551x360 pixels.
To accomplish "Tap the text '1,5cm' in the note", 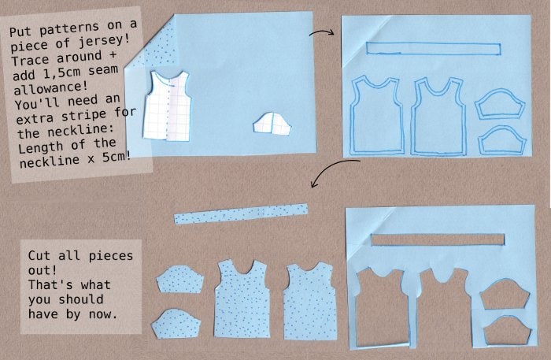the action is [x=63, y=72].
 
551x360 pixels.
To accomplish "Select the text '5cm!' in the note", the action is [x=116, y=156].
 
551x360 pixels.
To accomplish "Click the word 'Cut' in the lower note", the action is [x=39, y=255].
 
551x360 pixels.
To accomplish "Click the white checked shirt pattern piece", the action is [x=167, y=106].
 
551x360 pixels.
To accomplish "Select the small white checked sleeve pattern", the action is [x=272, y=124].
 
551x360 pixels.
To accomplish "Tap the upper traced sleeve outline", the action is [x=500, y=104].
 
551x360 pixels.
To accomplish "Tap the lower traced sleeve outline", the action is [x=502, y=140].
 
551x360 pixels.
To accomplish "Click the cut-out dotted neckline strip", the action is [x=241, y=213].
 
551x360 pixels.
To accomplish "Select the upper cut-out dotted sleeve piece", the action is [x=180, y=279].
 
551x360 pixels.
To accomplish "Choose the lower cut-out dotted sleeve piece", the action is [x=176, y=324].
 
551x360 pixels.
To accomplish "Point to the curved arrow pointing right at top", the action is [x=321, y=32].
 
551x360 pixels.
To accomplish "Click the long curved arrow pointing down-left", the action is [x=331, y=168].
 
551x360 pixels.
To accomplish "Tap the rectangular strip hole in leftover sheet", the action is [x=438, y=239].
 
